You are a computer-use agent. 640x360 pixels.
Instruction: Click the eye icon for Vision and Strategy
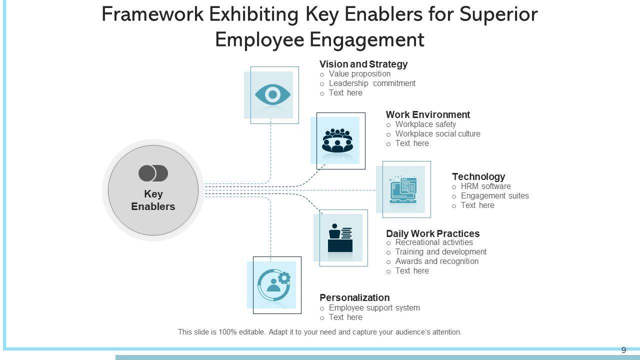click(x=272, y=94)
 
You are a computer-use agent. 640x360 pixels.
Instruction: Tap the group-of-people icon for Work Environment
click(x=337, y=140)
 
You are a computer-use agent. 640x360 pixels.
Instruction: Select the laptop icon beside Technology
click(x=403, y=189)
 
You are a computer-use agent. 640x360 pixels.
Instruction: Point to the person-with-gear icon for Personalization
click(x=274, y=284)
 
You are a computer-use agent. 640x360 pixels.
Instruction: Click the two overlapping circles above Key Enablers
click(x=153, y=173)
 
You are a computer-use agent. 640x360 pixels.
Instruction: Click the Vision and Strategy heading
click(x=363, y=64)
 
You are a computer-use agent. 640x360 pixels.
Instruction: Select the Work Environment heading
click(x=428, y=114)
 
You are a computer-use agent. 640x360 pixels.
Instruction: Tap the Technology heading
click(x=478, y=176)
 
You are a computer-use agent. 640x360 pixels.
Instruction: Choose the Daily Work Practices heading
click(x=433, y=233)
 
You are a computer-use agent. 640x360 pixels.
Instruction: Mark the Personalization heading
click(x=354, y=297)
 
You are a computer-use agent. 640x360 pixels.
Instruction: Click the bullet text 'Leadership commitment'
click(x=372, y=83)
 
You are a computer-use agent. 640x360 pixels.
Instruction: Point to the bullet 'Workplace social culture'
click(x=437, y=134)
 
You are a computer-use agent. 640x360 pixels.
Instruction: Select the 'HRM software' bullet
click(x=485, y=186)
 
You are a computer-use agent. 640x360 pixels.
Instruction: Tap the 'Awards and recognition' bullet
click(x=436, y=261)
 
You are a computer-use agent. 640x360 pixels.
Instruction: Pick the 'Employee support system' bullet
click(x=374, y=308)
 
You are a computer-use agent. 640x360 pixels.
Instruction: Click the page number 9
click(x=623, y=350)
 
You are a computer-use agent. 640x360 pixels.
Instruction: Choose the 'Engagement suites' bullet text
click(x=494, y=196)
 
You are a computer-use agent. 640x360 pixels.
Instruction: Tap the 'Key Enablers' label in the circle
click(x=153, y=200)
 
